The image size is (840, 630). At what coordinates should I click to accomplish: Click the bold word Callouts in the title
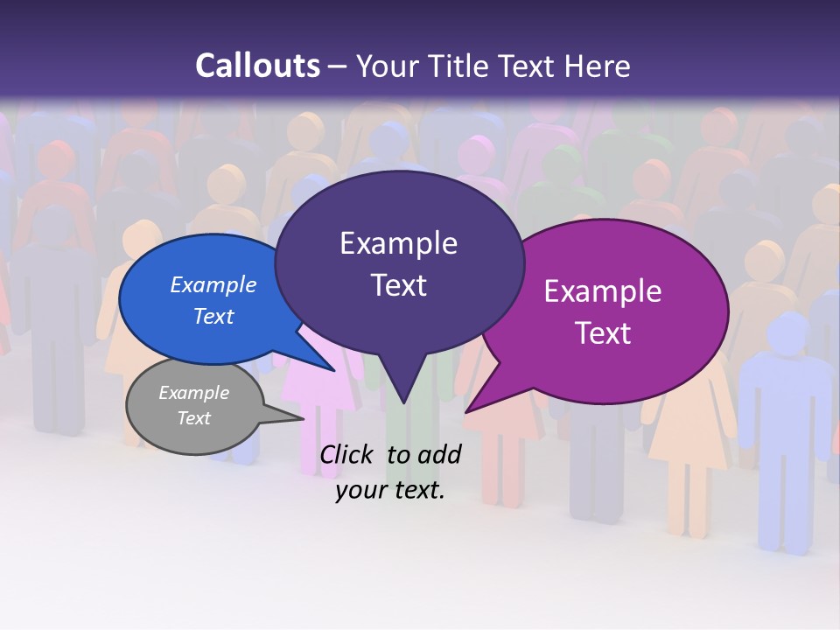[257, 66]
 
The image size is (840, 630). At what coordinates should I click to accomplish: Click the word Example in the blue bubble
[213, 284]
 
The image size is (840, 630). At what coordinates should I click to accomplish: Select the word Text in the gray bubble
[193, 418]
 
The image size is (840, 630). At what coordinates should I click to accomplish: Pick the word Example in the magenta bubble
[603, 291]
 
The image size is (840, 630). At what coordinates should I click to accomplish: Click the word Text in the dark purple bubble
[398, 285]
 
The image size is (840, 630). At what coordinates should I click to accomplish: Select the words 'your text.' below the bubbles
[390, 490]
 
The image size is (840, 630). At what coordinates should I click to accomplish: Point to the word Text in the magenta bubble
[603, 333]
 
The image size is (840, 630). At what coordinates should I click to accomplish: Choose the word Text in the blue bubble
[213, 316]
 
